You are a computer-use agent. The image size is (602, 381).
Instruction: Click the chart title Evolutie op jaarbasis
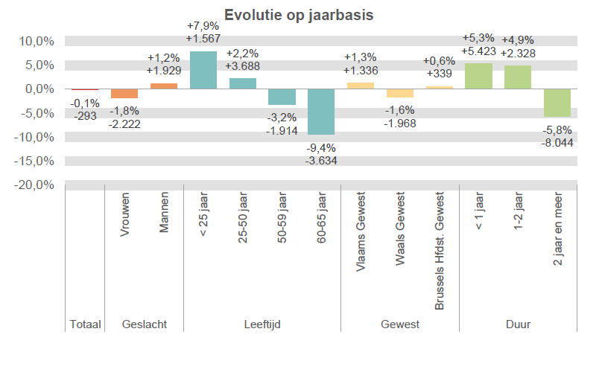(299, 15)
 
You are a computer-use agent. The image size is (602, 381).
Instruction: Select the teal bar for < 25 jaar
(203, 70)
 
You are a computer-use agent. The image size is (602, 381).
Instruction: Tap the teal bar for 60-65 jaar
(321, 112)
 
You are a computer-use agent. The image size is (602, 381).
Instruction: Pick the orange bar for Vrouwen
(124, 94)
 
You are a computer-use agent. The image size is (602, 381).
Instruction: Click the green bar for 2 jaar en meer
(557, 103)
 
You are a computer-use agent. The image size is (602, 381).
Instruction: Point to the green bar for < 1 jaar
(478, 76)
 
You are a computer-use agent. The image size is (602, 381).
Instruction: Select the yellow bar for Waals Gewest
(400, 93)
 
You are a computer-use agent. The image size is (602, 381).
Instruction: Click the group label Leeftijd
(262, 324)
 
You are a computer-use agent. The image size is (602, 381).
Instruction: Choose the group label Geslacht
(144, 324)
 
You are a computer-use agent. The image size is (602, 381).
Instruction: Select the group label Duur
(518, 324)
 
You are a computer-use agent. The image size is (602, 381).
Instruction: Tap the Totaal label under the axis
(85, 324)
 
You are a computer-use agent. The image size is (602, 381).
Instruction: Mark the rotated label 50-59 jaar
(282, 217)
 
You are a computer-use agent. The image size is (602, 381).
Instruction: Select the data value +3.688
(243, 66)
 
